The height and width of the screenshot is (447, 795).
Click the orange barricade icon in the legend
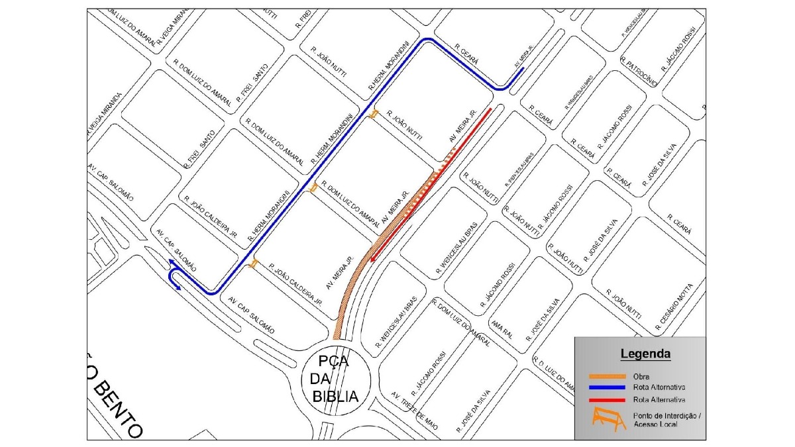[608, 419]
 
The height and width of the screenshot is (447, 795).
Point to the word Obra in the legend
[641, 377]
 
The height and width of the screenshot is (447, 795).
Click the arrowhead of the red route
[374, 258]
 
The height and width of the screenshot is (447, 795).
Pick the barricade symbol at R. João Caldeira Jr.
[253, 265]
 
